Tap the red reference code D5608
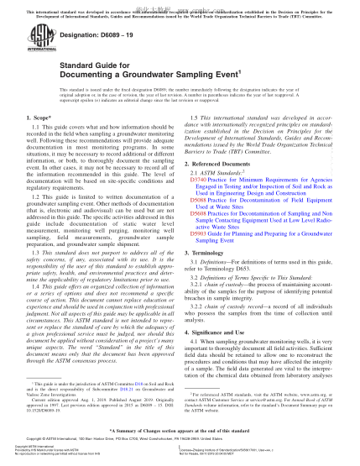coord(200,236)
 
